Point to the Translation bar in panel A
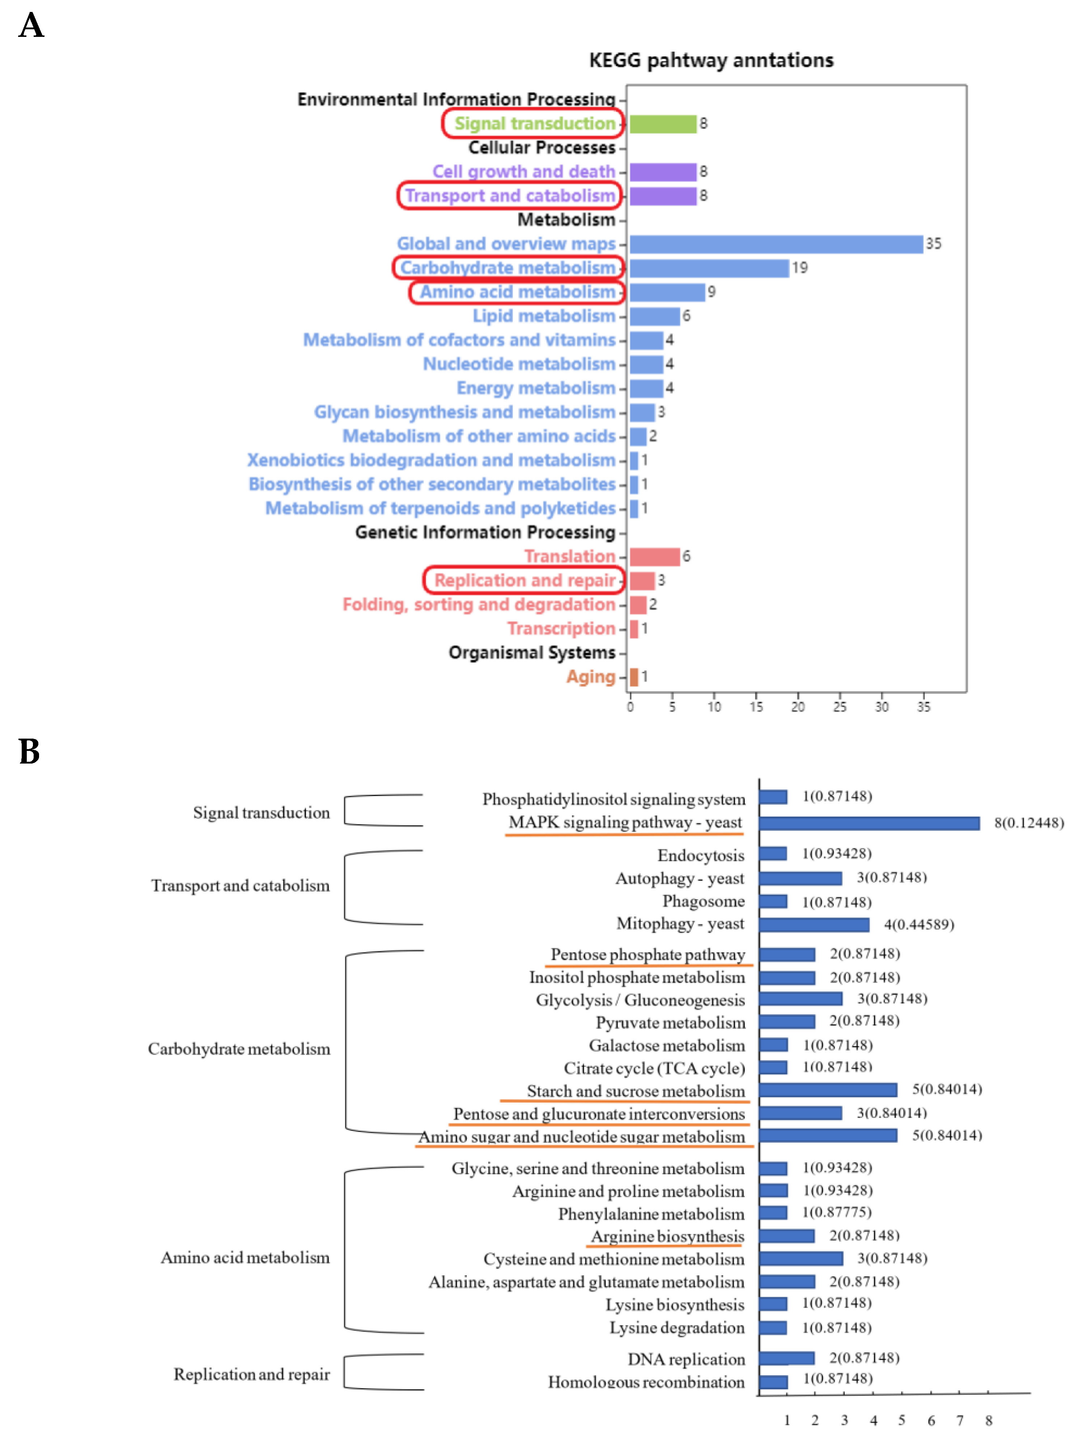point(654,556)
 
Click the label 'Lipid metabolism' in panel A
point(544,316)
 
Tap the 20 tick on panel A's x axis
point(797,706)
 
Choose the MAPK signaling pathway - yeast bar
point(869,823)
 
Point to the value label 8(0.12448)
point(1029,823)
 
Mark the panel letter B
point(29,752)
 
